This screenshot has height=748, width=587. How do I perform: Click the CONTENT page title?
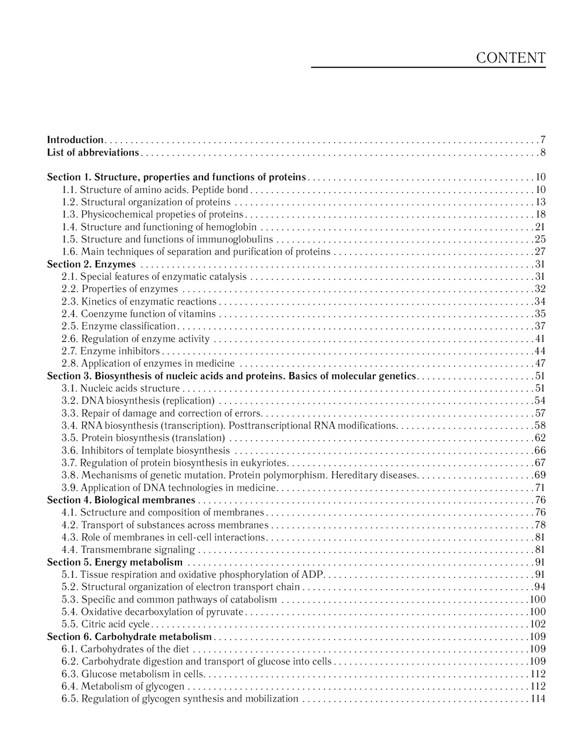point(511,58)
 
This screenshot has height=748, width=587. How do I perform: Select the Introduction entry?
point(75,140)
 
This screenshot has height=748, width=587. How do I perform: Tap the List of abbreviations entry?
point(93,153)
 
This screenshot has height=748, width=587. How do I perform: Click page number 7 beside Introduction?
point(543,140)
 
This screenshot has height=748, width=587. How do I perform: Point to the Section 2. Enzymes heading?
point(91,264)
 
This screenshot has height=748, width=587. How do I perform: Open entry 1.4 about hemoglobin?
point(159,227)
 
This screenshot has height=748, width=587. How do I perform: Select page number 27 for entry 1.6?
point(540,252)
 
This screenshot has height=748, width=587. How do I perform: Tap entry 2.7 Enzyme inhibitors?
point(111,351)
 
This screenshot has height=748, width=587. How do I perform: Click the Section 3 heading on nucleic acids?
point(231,376)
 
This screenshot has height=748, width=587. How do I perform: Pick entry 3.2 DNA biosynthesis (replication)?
point(138,401)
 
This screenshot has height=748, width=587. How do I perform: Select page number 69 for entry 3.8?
point(540,475)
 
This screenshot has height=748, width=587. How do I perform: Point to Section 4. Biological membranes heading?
point(121,500)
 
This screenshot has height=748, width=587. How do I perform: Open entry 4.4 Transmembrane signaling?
point(128,550)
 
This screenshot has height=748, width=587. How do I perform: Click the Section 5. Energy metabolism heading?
point(114,563)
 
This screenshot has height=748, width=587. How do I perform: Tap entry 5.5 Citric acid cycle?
point(106,624)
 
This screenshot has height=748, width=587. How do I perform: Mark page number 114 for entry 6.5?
point(538,699)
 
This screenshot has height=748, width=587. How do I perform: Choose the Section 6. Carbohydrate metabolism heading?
point(129,637)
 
